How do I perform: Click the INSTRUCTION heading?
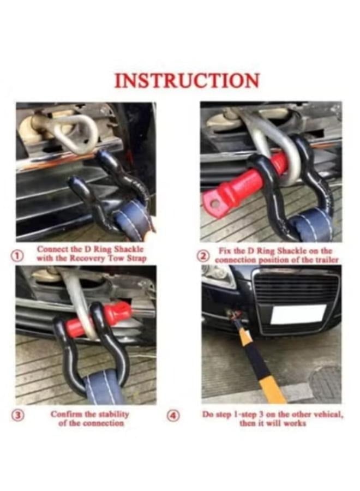(187, 81)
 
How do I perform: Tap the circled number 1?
(18, 255)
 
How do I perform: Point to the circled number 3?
(18, 416)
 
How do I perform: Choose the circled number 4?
(173, 416)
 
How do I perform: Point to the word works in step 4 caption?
(295, 424)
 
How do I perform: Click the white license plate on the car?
(298, 314)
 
